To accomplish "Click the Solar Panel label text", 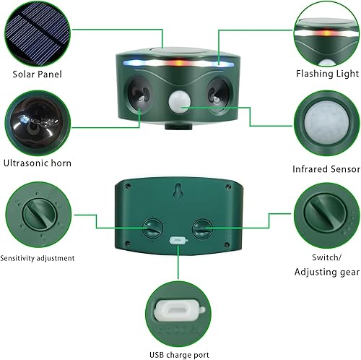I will [38, 74].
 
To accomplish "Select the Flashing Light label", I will [327, 74].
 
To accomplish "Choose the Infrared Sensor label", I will [326, 168].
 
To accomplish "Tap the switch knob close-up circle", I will [327, 215].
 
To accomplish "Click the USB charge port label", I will [179, 354].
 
